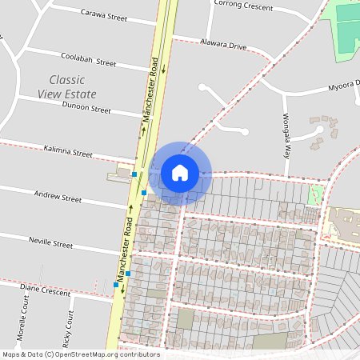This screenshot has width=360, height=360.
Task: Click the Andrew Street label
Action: [x=58, y=197]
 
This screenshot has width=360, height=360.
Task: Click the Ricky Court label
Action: [x=70, y=323]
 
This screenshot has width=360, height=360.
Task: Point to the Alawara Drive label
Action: [x=223, y=46]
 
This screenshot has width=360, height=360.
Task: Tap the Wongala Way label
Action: [x=286, y=132]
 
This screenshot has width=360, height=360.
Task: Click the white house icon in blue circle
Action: [x=180, y=172]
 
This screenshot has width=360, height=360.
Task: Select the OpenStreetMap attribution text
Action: [x=81, y=354]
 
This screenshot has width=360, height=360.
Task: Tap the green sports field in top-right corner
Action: [x=346, y=28]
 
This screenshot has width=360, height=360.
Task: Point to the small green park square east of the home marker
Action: [x=316, y=194]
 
